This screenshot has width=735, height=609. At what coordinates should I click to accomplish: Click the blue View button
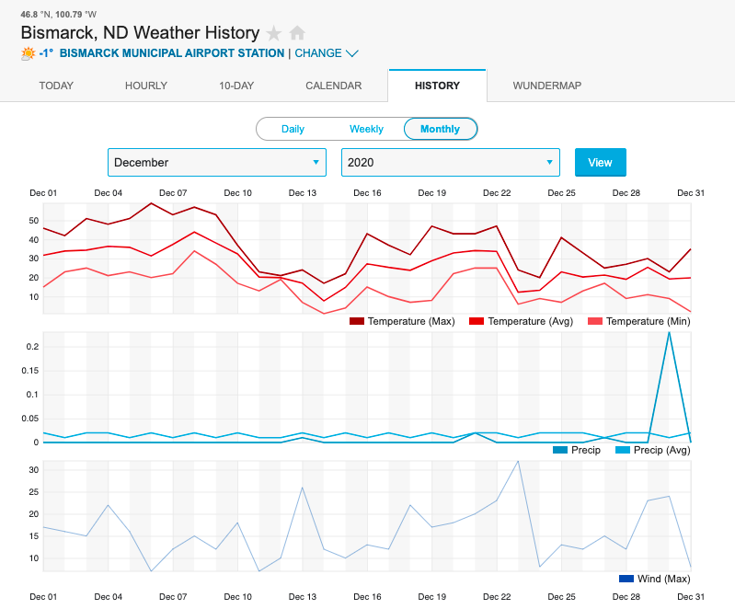[x=600, y=162]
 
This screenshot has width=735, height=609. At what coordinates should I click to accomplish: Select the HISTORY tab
[x=437, y=86]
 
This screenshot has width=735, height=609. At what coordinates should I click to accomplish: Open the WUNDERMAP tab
[x=546, y=86]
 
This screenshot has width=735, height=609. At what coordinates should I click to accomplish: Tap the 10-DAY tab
[x=236, y=86]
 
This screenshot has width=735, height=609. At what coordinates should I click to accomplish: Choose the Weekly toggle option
[x=366, y=129]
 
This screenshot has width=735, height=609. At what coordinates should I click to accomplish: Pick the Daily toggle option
[x=293, y=129]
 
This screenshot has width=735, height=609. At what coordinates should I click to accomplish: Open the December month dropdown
[x=217, y=162]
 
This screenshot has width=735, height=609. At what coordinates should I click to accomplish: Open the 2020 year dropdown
[x=451, y=162]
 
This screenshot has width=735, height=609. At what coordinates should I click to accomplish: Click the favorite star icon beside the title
[x=274, y=33]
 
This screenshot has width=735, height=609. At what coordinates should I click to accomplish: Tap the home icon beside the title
[x=297, y=33]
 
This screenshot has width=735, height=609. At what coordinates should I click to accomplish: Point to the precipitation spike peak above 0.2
[x=669, y=332]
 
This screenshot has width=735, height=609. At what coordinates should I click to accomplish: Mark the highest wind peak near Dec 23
[x=518, y=461]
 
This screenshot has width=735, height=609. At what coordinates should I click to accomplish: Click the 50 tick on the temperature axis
[x=33, y=221]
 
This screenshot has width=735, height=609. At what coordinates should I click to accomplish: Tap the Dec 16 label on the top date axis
[x=367, y=193]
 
